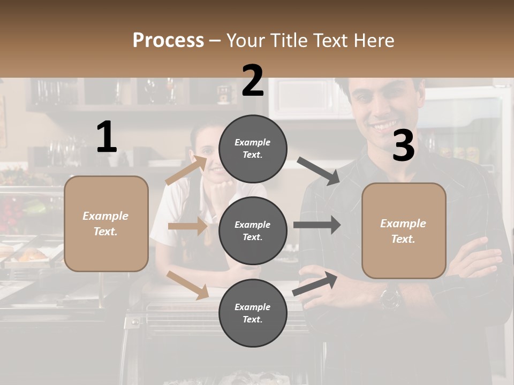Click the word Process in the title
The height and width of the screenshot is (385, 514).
(168, 40)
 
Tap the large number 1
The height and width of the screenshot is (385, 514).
(107, 137)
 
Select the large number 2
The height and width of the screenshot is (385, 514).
(253, 81)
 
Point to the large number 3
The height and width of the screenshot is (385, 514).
(403, 146)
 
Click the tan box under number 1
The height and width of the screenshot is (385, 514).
(106, 224)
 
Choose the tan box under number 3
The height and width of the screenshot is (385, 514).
(404, 230)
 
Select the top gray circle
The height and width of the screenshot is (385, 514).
(253, 149)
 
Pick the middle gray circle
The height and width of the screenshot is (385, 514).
(253, 230)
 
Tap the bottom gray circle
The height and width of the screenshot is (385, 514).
(253, 313)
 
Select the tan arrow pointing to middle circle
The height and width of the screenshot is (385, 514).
(187, 226)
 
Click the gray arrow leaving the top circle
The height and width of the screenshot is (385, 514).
(318, 171)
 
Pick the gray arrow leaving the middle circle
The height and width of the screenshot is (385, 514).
(316, 225)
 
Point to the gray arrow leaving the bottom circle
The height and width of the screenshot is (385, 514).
(315, 283)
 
